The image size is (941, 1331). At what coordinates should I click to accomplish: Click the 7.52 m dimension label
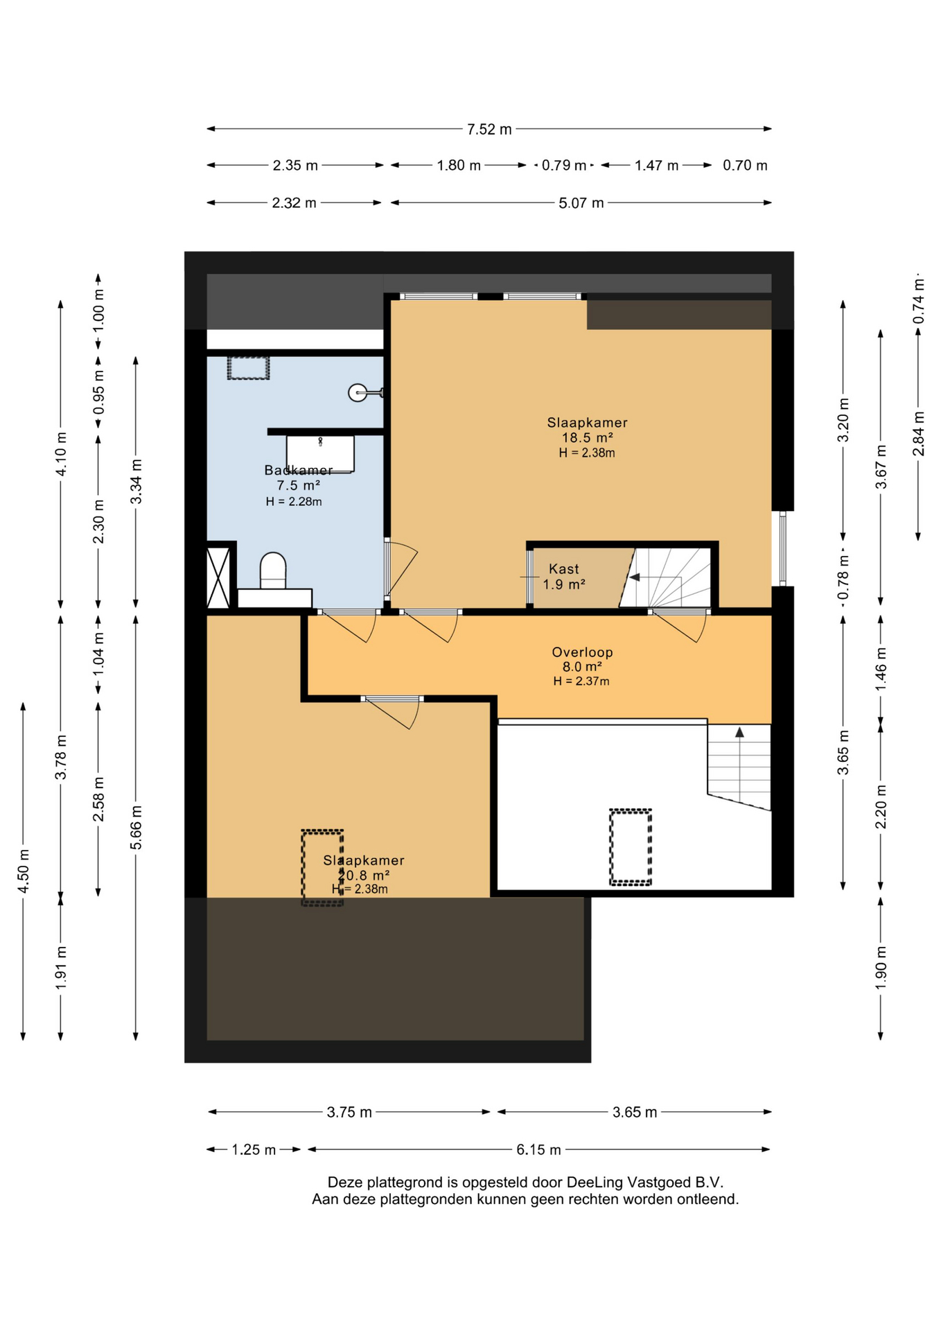489,129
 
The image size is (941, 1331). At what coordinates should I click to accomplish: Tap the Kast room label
564,568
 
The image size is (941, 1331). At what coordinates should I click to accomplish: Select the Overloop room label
582,652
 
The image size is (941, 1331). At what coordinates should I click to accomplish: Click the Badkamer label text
299,470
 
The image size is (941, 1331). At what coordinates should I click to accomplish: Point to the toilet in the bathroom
273,571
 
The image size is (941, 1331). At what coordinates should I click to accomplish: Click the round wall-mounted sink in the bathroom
358,393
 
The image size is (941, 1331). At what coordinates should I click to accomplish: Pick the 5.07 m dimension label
581,203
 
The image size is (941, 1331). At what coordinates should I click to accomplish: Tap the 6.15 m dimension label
538,1149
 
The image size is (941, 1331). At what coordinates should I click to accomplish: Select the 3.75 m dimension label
349,1112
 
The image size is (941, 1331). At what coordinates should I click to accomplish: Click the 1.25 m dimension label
254,1149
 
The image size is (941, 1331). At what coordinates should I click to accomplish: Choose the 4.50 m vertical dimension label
23,871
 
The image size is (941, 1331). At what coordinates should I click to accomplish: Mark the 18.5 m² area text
587,437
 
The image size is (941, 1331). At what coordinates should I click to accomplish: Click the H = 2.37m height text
581,681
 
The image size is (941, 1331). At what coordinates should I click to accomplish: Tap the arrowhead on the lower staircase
739,732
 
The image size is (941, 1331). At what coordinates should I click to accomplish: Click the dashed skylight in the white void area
631,847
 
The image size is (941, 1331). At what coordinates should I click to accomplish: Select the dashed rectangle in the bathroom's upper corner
248,367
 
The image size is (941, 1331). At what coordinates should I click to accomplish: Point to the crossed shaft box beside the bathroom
218,577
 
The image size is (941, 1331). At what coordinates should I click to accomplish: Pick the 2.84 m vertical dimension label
918,434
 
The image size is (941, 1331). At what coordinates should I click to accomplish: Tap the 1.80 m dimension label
459,166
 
